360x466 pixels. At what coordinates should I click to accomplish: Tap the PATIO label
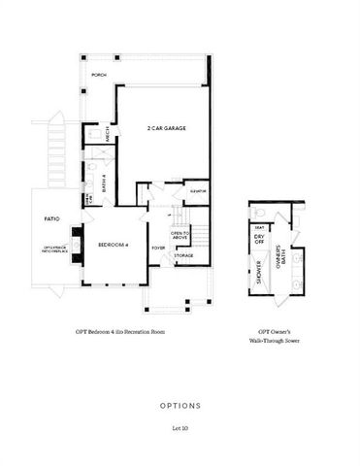point(52,220)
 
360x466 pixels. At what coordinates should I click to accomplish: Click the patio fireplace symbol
point(74,238)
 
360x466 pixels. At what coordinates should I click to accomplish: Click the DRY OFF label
point(259,239)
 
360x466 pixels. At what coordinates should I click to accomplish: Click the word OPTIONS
point(180,405)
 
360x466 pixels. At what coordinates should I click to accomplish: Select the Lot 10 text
point(180,428)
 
